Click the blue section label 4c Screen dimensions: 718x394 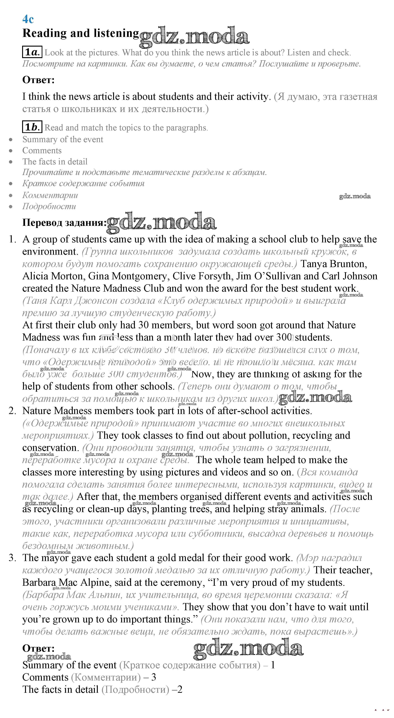click(28, 19)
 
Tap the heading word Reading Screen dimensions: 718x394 click(45, 33)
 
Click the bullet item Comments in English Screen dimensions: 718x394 click(42, 151)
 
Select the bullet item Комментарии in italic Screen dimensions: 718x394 click(50, 195)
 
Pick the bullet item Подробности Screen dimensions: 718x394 click(49, 206)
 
